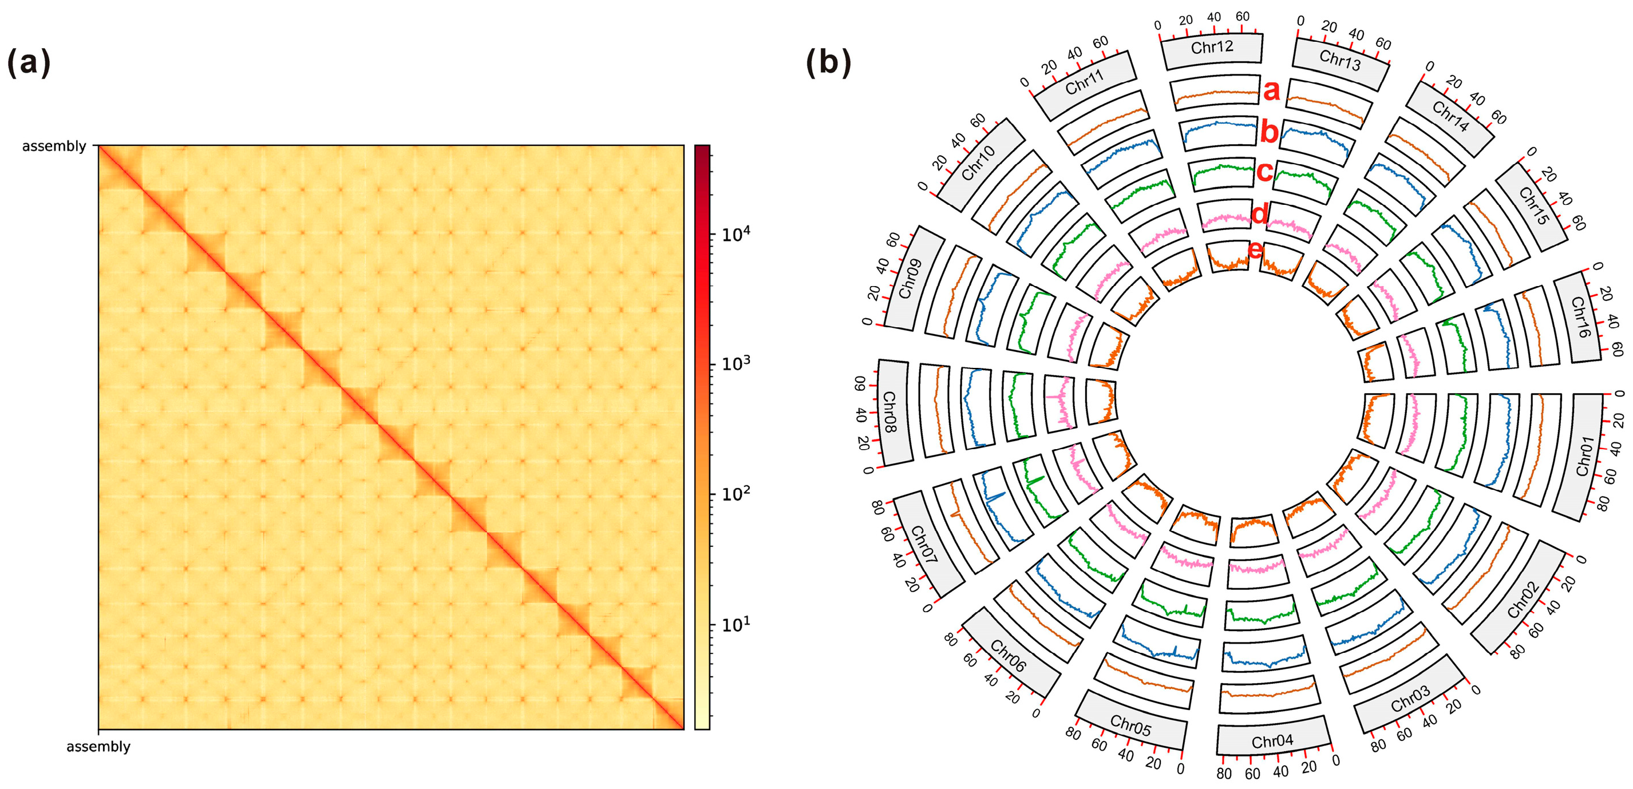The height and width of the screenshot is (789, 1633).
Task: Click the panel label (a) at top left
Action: pyautogui.click(x=29, y=63)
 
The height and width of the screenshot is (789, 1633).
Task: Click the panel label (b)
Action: pyautogui.click(x=828, y=63)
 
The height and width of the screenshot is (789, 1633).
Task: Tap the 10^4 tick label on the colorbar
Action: pyautogui.click(x=736, y=235)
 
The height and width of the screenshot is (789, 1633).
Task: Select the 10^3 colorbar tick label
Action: pyautogui.click(x=736, y=364)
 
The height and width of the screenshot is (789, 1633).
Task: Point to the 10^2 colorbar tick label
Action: pyautogui.click(x=736, y=493)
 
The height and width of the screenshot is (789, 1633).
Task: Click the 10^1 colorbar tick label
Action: pyautogui.click(x=736, y=624)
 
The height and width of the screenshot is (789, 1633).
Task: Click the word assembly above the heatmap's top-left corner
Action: pyautogui.click(x=54, y=146)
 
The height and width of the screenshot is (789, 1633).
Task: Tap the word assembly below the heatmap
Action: pyautogui.click(x=98, y=747)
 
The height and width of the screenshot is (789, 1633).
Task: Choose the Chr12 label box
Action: pyautogui.click(x=1211, y=47)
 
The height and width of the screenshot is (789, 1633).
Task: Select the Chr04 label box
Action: pyautogui.click(x=1272, y=740)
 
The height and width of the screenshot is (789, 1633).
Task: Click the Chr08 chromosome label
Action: pyautogui.click(x=891, y=412)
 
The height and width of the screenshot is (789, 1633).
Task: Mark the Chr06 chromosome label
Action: pyautogui.click(x=1008, y=655)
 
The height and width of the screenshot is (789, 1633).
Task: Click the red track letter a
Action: pyautogui.click(x=1271, y=90)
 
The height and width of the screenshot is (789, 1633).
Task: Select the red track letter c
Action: pyautogui.click(x=1264, y=171)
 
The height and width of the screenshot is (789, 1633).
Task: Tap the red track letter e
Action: pyautogui.click(x=1255, y=251)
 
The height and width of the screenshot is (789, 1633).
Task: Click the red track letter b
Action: pyautogui.click(x=1268, y=132)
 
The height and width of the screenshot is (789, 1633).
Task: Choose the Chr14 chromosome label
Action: pyautogui.click(x=1450, y=117)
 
